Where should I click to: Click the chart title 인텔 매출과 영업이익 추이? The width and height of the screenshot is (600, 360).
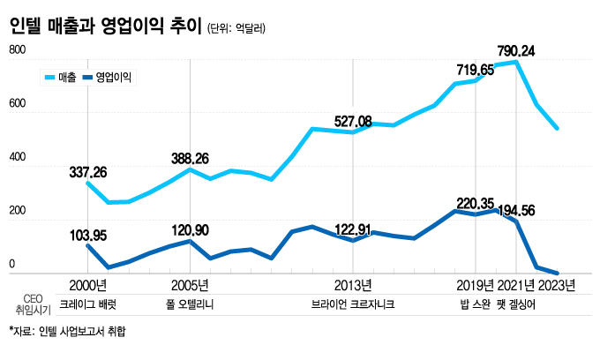[103, 26]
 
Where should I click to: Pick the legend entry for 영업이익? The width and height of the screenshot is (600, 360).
[114, 78]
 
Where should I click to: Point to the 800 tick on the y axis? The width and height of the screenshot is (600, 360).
[17, 52]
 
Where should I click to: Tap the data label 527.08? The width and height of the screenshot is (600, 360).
[359, 120]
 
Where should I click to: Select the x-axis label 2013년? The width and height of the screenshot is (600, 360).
[353, 285]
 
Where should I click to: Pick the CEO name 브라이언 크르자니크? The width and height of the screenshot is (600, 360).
[352, 304]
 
